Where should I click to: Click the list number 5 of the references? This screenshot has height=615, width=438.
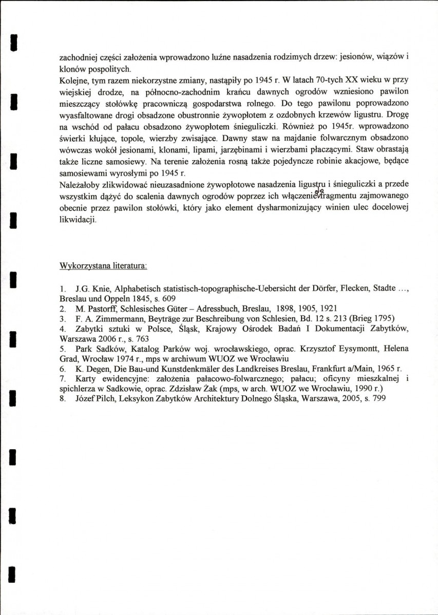click(62, 348)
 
